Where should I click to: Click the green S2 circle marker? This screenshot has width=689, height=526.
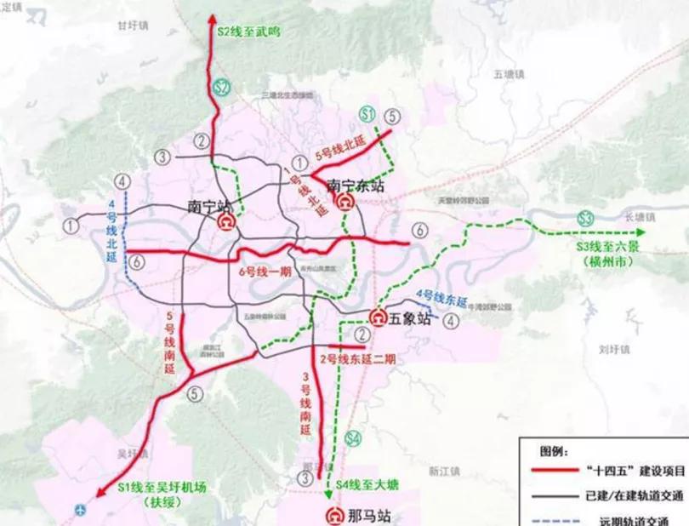222,87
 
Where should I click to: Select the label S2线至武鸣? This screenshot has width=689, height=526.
248,31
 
